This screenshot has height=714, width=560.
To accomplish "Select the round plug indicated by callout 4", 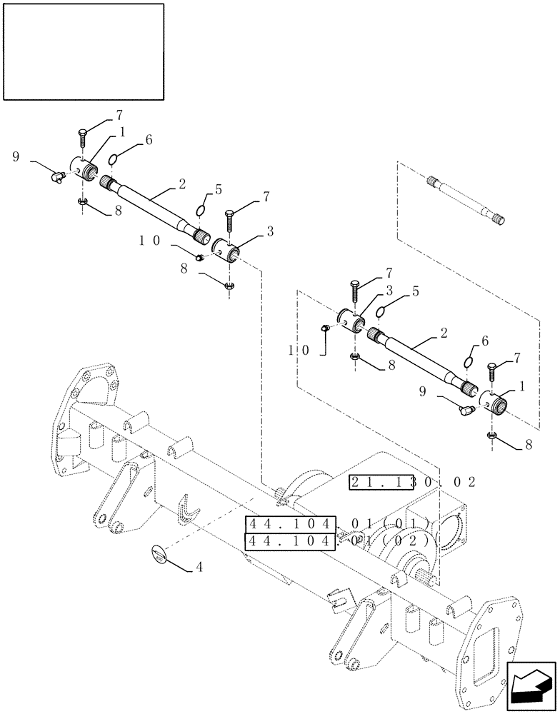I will pyautogui.click(x=161, y=554).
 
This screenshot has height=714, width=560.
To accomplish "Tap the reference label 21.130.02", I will pyautogui.click(x=412, y=483).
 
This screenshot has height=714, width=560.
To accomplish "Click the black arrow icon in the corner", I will pyautogui.click(x=531, y=685).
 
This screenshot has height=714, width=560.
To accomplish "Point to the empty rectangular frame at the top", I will pyautogui.click(x=84, y=51).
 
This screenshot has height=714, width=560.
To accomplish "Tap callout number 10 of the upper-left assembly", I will pyautogui.click(x=149, y=241).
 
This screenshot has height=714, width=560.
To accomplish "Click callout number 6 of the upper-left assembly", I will pyautogui.click(x=149, y=141).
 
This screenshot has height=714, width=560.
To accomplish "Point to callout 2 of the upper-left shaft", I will pyautogui.click(x=182, y=184).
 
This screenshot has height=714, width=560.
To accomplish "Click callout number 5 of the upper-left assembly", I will pyautogui.click(x=219, y=189).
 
